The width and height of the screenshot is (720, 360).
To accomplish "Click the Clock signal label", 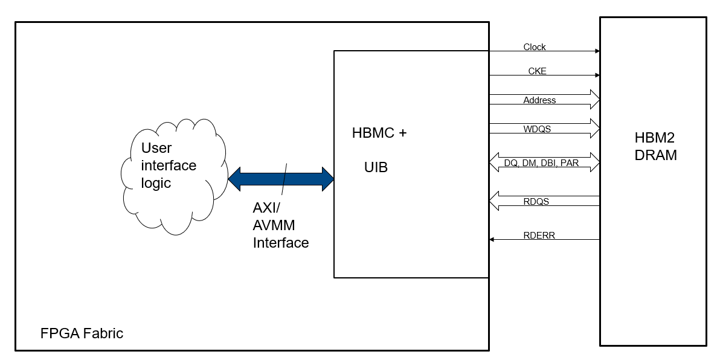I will (535, 47).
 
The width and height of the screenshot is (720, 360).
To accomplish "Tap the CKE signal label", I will (537, 71).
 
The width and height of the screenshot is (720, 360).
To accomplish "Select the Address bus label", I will (539, 100).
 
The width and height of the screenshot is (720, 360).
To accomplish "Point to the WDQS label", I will (537, 129).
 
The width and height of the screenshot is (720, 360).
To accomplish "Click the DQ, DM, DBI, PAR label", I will (541, 162).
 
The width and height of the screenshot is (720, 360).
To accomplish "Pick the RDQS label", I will (536, 202).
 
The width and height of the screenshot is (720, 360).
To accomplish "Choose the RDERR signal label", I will (539, 236).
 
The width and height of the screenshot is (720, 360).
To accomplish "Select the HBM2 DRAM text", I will (655, 146).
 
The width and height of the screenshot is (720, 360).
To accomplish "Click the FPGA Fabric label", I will (82, 333).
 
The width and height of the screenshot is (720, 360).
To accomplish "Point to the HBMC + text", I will (379, 133).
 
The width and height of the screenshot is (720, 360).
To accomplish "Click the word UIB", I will (376, 167).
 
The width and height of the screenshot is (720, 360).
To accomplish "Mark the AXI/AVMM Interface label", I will (280, 225).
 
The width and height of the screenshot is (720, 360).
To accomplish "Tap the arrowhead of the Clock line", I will (597, 51).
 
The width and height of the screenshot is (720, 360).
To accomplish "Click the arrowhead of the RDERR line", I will (492, 240).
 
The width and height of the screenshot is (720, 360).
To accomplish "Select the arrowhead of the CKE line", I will (597, 76).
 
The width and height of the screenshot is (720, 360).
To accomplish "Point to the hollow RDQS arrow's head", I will (493, 201).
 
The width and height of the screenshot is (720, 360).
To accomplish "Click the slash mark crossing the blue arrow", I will (283, 178).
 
